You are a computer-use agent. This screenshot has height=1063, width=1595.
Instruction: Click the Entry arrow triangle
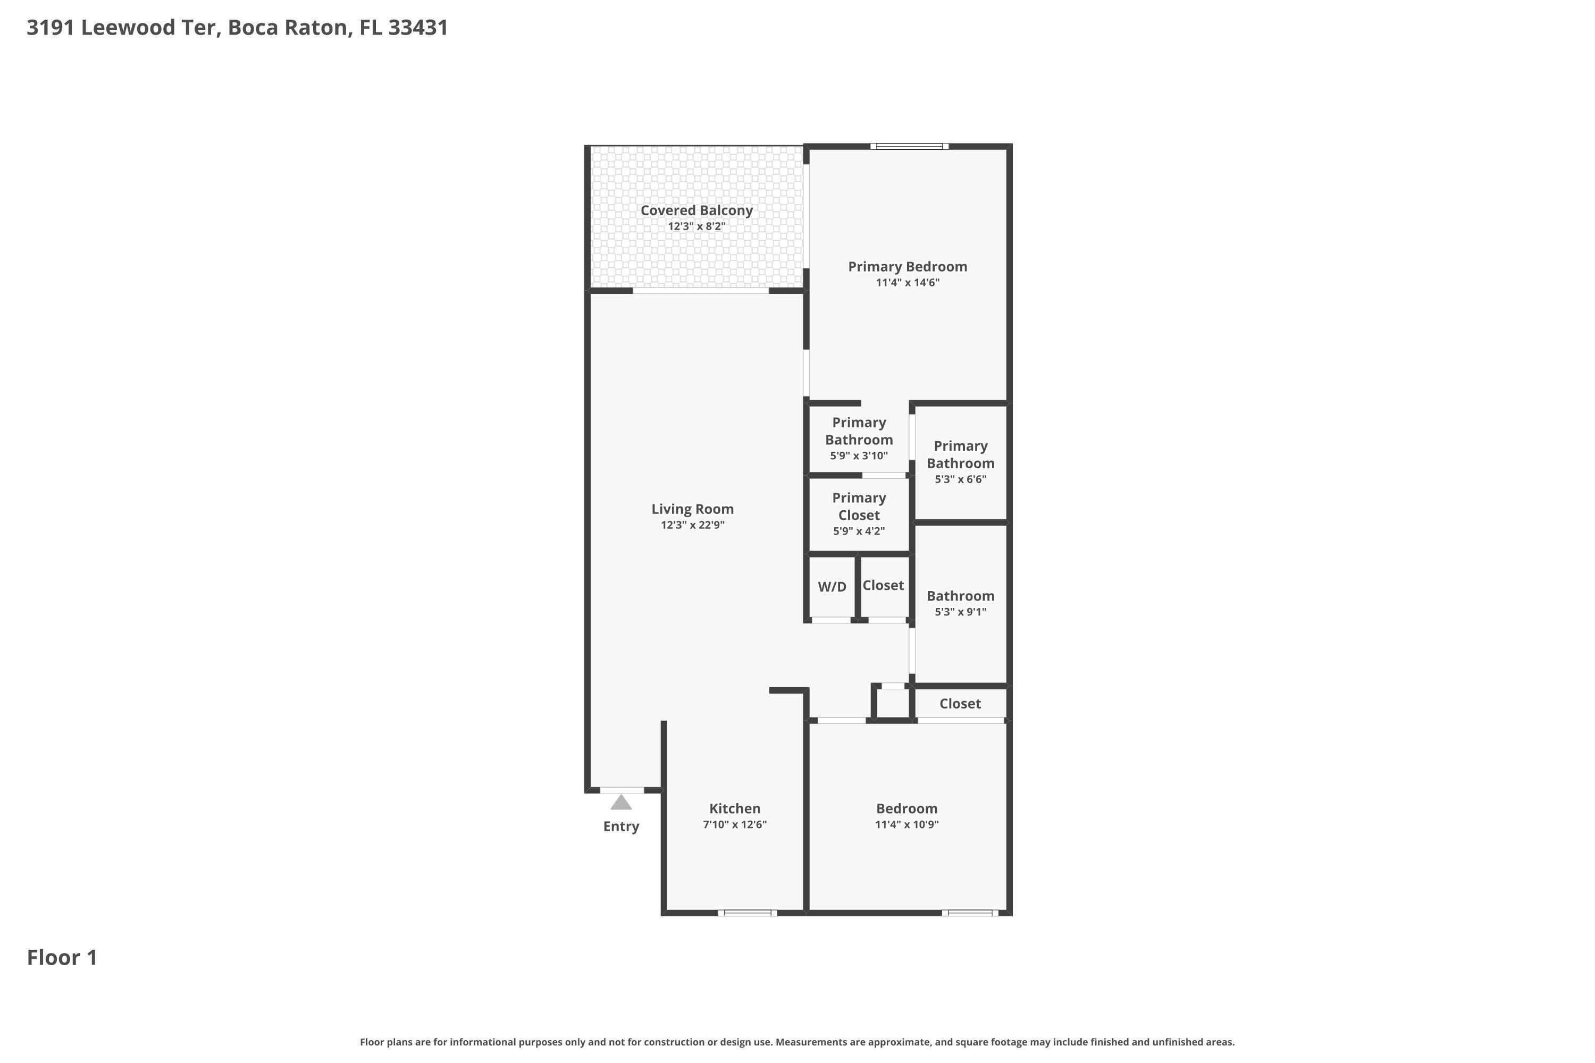click(x=620, y=803)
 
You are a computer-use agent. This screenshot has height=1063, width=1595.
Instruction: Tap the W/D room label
click(x=832, y=587)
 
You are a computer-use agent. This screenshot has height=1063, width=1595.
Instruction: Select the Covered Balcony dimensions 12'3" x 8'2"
click(x=696, y=226)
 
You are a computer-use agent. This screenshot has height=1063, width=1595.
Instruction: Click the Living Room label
click(x=692, y=509)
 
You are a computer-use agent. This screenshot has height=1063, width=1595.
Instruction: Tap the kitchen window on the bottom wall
click(x=748, y=913)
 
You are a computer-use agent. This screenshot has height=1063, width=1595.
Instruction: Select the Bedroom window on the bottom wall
click(x=970, y=913)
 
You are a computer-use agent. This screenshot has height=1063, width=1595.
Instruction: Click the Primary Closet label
click(x=859, y=507)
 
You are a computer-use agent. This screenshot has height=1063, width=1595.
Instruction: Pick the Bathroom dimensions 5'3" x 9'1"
click(x=960, y=612)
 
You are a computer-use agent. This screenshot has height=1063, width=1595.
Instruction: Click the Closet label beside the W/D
click(x=883, y=585)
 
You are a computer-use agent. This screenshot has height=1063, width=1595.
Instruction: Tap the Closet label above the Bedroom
click(x=960, y=704)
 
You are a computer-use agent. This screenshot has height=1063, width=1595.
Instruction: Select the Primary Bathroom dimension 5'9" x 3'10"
click(x=859, y=455)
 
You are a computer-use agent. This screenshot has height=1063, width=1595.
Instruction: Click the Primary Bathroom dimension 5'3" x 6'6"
click(x=960, y=479)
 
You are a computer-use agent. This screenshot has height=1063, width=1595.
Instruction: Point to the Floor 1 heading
click(x=62, y=957)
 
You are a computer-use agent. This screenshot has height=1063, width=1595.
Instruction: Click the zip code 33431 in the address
click(x=418, y=28)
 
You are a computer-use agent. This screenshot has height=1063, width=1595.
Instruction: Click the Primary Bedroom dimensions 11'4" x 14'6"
click(x=908, y=283)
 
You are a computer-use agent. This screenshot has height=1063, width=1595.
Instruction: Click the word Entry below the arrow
click(x=620, y=826)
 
